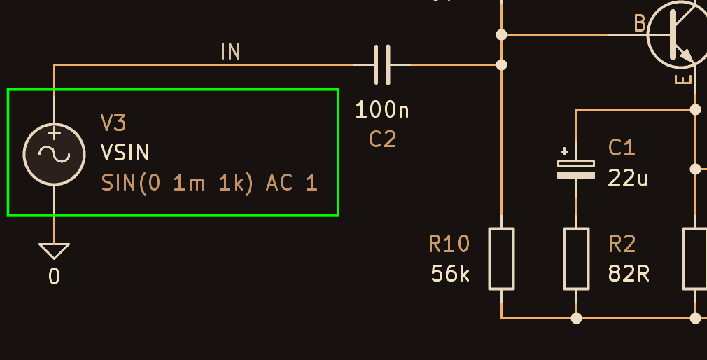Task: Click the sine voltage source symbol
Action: [x=54, y=154]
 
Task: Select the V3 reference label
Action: [x=113, y=123]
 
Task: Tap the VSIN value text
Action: [x=125, y=153]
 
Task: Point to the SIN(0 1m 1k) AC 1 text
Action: [x=209, y=184]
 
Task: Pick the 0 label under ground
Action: [x=54, y=276]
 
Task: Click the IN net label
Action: [x=231, y=51]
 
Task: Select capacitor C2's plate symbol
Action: [x=382, y=64]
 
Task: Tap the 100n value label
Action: [x=382, y=110]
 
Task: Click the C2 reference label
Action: [x=382, y=139]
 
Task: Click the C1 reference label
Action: [x=622, y=148]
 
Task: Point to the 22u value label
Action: [x=628, y=178]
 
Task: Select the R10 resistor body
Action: [x=501, y=258]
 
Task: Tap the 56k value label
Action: [x=450, y=273]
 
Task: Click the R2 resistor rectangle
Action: [x=576, y=258]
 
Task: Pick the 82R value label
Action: [x=629, y=273]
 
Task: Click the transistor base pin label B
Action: [x=640, y=23]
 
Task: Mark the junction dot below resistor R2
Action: [x=576, y=319]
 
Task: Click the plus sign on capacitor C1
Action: [x=564, y=151]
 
